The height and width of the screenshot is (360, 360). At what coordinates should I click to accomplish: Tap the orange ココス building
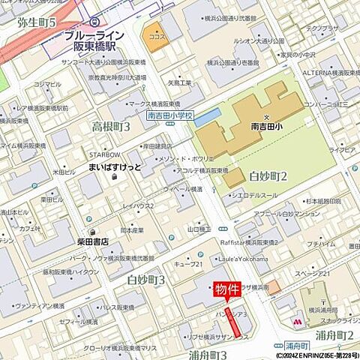(157, 36)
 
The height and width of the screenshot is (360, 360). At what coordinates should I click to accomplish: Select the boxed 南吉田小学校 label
(170, 116)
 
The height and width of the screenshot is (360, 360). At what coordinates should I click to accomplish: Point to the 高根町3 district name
(110, 126)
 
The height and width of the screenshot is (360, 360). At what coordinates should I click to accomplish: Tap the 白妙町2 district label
(268, 176)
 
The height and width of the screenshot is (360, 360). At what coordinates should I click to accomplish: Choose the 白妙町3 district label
(145, 280)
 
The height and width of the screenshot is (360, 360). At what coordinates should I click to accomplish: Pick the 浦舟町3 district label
(208, 354)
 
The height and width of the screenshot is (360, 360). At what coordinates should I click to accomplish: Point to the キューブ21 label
(189, 264)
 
